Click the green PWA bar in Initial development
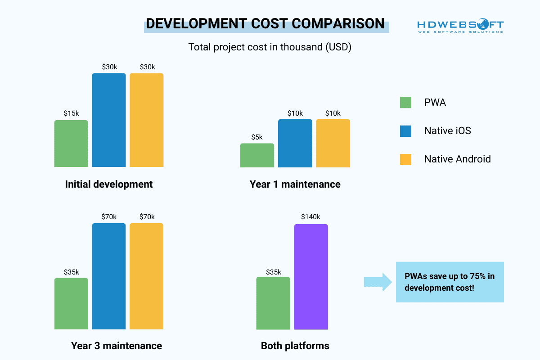tap(71, 144)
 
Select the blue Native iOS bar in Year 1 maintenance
tap(295, 144)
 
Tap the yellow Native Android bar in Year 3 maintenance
tap(147, 276)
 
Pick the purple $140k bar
tap(311, 277)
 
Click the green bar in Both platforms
tap(273, 303)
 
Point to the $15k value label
tap(71, 113)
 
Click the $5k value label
tap(257, 137)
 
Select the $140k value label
tap(311, 217)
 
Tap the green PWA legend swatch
tap(405, 103)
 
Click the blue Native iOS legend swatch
tap(405, 131)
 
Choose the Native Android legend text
tap(457, 159)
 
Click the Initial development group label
tap(109, 184)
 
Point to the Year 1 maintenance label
tap(295, 184)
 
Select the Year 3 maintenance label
tap(116, 346)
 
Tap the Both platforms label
tap(295, 346)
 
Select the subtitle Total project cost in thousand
tap(270, 47)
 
